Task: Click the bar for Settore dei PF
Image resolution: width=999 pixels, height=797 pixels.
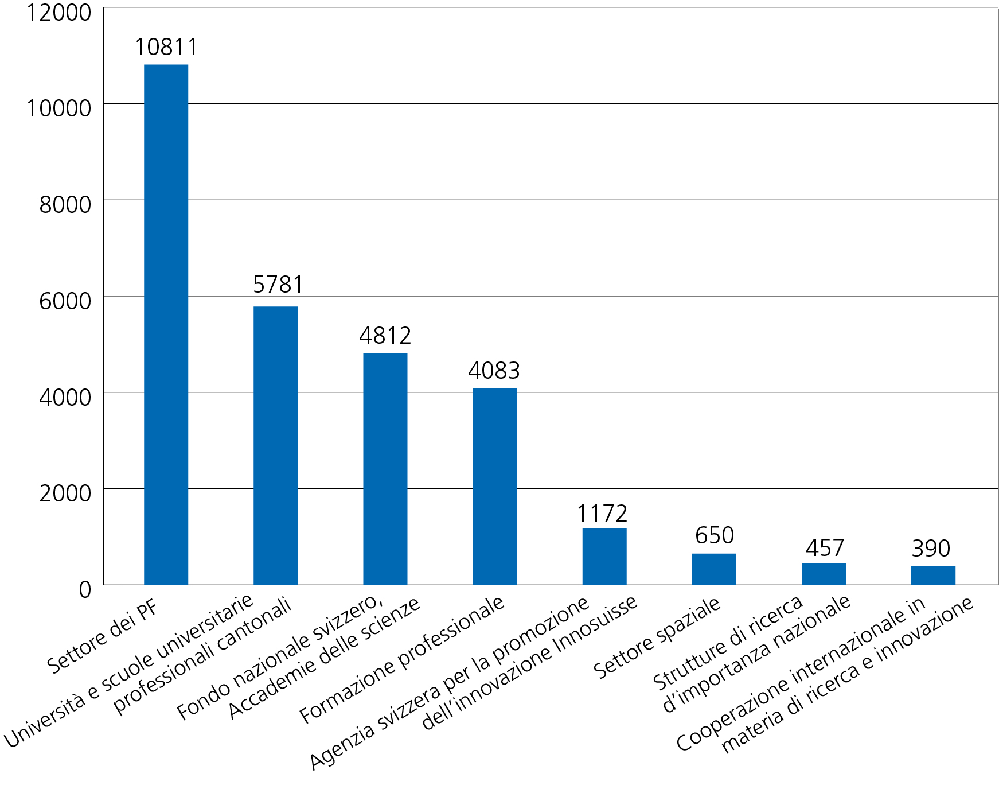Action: pos(166,324)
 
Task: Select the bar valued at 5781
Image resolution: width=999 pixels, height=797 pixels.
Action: pos(275,445)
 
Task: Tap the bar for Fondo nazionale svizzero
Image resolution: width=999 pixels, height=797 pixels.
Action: pos(385,469)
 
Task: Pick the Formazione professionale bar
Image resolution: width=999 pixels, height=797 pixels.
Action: pos(495,487)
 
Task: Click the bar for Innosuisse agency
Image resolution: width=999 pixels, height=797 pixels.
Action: pos(604,557)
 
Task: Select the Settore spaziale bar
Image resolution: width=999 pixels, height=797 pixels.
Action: pos(714,569)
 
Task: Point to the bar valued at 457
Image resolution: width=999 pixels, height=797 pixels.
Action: pos(824,574)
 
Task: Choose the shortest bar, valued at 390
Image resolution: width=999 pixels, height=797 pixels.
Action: pos(933,576)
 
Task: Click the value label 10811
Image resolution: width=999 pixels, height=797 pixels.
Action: pos(166,47)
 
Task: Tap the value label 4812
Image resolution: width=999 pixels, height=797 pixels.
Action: pos(385,336)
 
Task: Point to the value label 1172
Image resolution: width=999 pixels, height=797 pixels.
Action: pos(602,514)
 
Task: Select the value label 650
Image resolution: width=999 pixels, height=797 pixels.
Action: pos(715,536)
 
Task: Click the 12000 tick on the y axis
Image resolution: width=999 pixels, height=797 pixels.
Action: pos(59,13)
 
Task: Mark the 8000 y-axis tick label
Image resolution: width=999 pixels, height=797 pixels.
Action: pos(65,205)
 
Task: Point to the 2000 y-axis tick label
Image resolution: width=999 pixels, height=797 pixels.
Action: pos(65,493)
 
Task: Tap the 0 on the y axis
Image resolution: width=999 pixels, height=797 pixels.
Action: pos(85,589)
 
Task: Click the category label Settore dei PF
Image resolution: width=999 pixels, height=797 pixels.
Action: pos(103,637)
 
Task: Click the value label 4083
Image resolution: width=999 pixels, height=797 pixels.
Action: pos(494,371)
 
